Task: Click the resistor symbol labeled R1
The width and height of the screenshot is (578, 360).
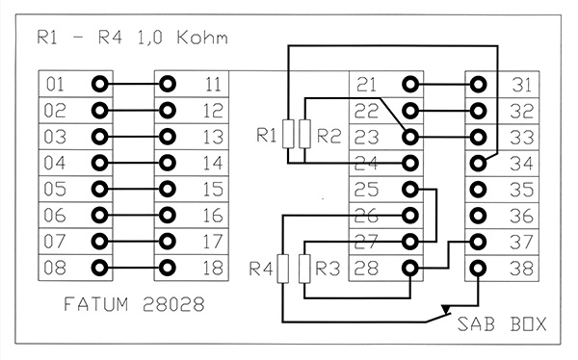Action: pyautogui.click(x=288, y=134)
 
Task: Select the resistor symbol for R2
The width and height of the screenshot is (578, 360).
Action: pyautogui.click(x=304, y=134)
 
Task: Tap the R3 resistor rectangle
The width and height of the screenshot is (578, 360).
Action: pyautogui.click(x=304, y=269)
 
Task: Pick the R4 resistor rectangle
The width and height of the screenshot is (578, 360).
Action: pyautogui.click(x=282, y=269)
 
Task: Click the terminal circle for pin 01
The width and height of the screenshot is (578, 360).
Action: pyautogui.click(x=99, y=84)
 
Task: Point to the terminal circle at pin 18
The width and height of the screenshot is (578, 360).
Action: pyautogui.click(x=168, y=268)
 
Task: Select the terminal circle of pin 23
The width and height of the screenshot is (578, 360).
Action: pyautogui.click(x=410, y=137)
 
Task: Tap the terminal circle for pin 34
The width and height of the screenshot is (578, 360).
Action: pyautogui.click(x=478, y=163)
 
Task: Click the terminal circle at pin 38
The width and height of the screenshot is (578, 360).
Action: pyautogui.click(x=478, y=268)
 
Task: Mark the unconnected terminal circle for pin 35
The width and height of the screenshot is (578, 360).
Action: pyautogui.click(x=478, y=190)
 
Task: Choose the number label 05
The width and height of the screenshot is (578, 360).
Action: pyautogui.click(x=55, y=189)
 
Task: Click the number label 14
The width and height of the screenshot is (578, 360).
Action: pyautogui.click(x=213, y=163)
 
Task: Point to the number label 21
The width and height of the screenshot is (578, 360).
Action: pyautogui.click(x=366, y=85)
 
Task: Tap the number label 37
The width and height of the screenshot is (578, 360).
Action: pyautogui.click(x=521, y=242)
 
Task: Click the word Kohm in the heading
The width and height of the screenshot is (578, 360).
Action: pyautogui.click(x=202, y=38)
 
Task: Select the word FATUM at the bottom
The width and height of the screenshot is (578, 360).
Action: pyautogui.click(x=96, y=304)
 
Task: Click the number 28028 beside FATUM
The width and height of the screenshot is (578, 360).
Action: pyautogui.click(x=173, y=304)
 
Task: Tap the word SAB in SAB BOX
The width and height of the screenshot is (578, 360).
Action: pyautogui.click(x=476, y=324)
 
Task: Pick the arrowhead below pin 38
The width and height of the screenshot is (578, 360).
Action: pyautogui.click(x=446, y=310)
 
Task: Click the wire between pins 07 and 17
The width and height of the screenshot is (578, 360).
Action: pyautogui.click(x=134, y=242)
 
